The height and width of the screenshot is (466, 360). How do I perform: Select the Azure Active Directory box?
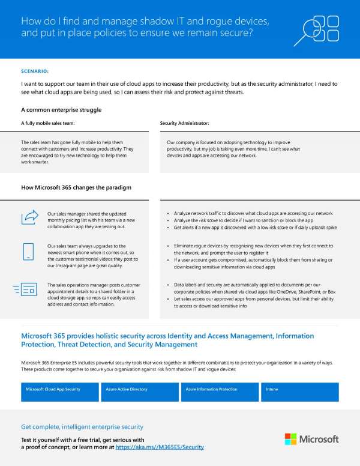[139, 392]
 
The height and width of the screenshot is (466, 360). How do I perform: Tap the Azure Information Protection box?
[220, 392]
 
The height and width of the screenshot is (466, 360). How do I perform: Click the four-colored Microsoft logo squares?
[290, 439]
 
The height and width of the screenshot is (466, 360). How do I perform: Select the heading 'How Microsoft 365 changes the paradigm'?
[76, 188]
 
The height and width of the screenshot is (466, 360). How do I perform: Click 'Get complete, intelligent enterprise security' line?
[82, 427]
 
